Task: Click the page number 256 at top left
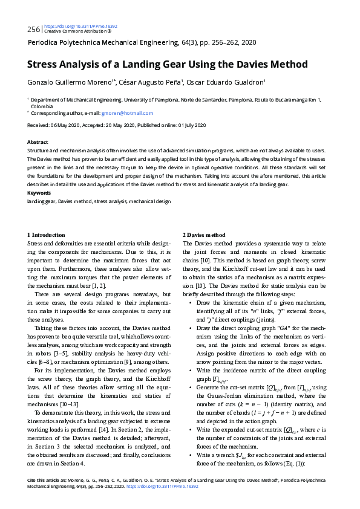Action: point(34,29)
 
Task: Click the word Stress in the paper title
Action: point(44,65)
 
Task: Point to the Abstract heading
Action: point(38,142)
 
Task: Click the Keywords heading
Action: point(39,193)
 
